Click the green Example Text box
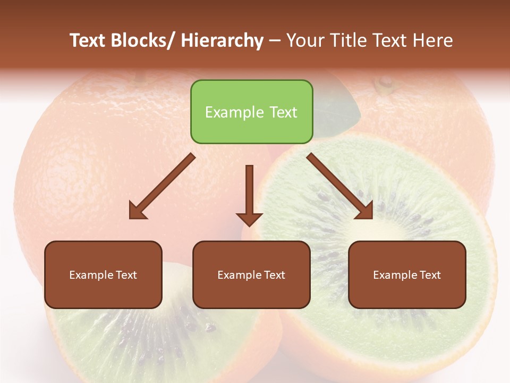click(x=251, y=112)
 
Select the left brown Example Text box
click(x=103, y=274)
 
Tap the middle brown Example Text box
click(x=251, y=274)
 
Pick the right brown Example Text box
click(x=407, y=274)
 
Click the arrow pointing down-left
click(x=162, y=186)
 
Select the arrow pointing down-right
click(x=340, y=186)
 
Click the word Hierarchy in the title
click(x=222, y=40)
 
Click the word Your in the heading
click(x=305, y=40)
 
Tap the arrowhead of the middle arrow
click(x=249, y=219)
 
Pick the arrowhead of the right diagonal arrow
click(x=365, y=211)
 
